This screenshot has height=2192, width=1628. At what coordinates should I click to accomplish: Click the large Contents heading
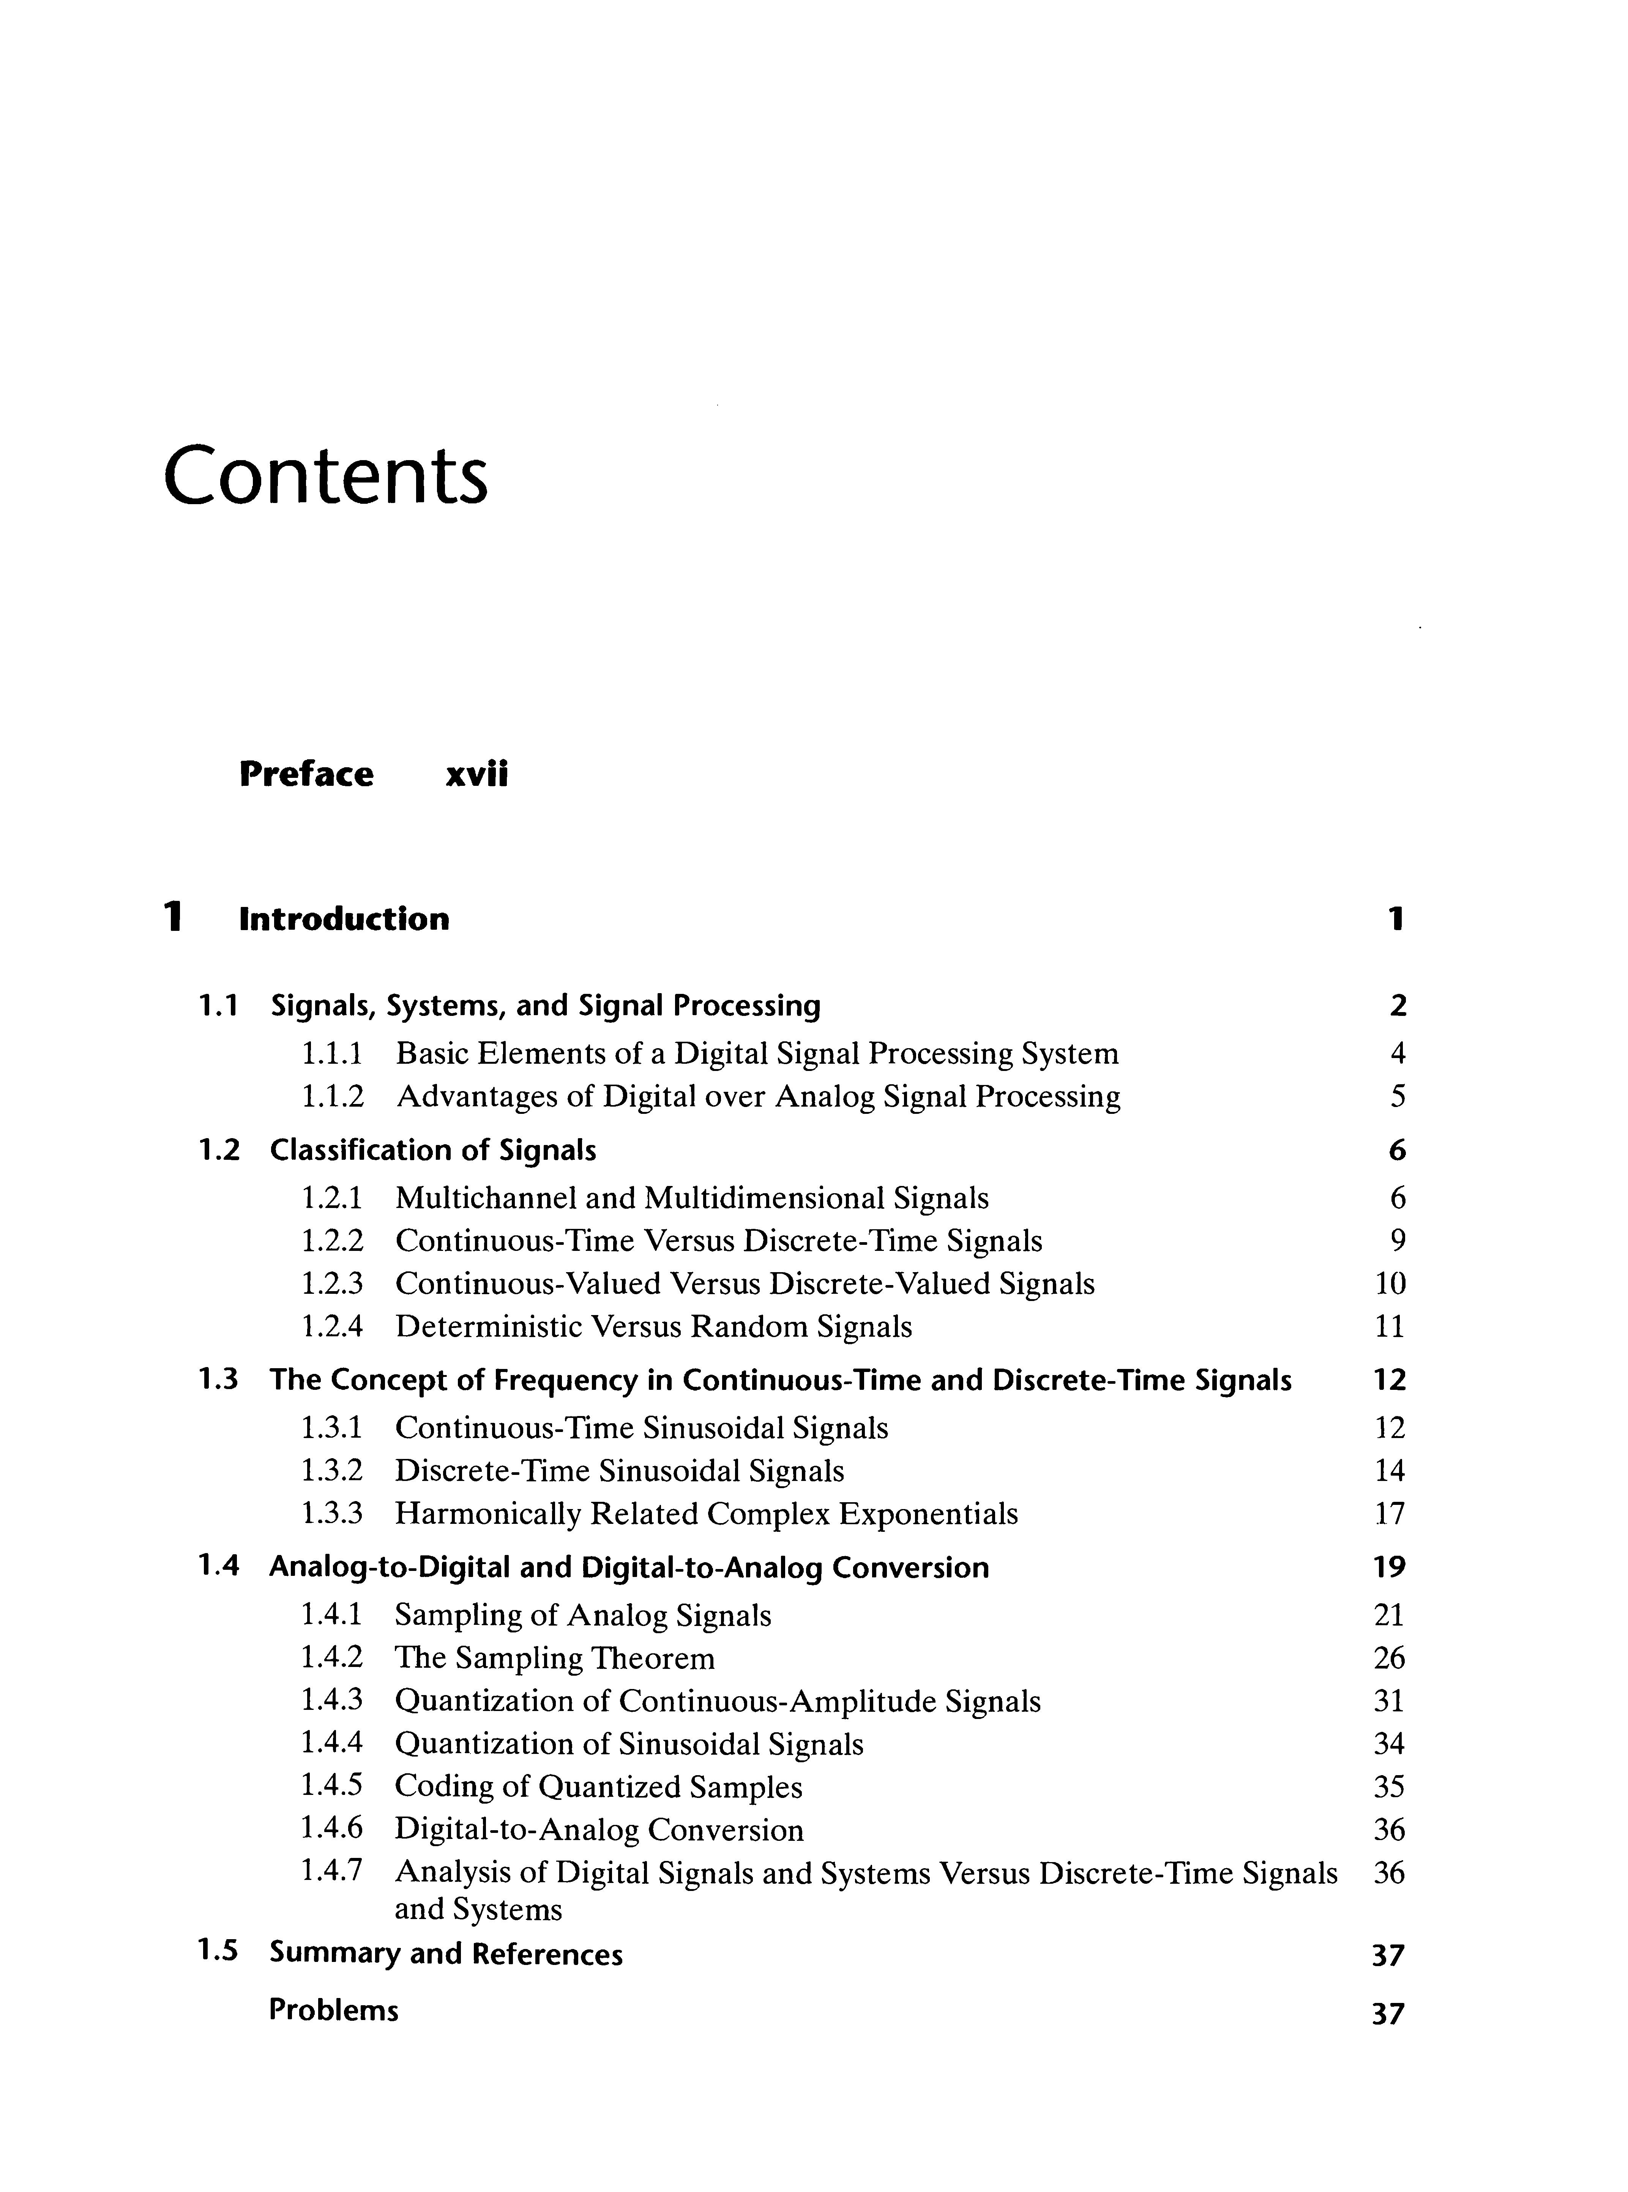click(325, 476)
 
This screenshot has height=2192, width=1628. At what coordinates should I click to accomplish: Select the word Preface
click(306, 774)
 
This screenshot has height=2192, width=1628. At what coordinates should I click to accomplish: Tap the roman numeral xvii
click(477, 774)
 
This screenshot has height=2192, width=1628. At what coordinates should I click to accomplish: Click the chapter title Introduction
click(344, 919)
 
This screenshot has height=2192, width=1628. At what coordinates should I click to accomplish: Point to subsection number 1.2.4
click(331, 1327)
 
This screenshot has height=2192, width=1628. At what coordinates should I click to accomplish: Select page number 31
click(1388, 1702)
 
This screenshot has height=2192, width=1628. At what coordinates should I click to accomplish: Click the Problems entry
click(333, 2011)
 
